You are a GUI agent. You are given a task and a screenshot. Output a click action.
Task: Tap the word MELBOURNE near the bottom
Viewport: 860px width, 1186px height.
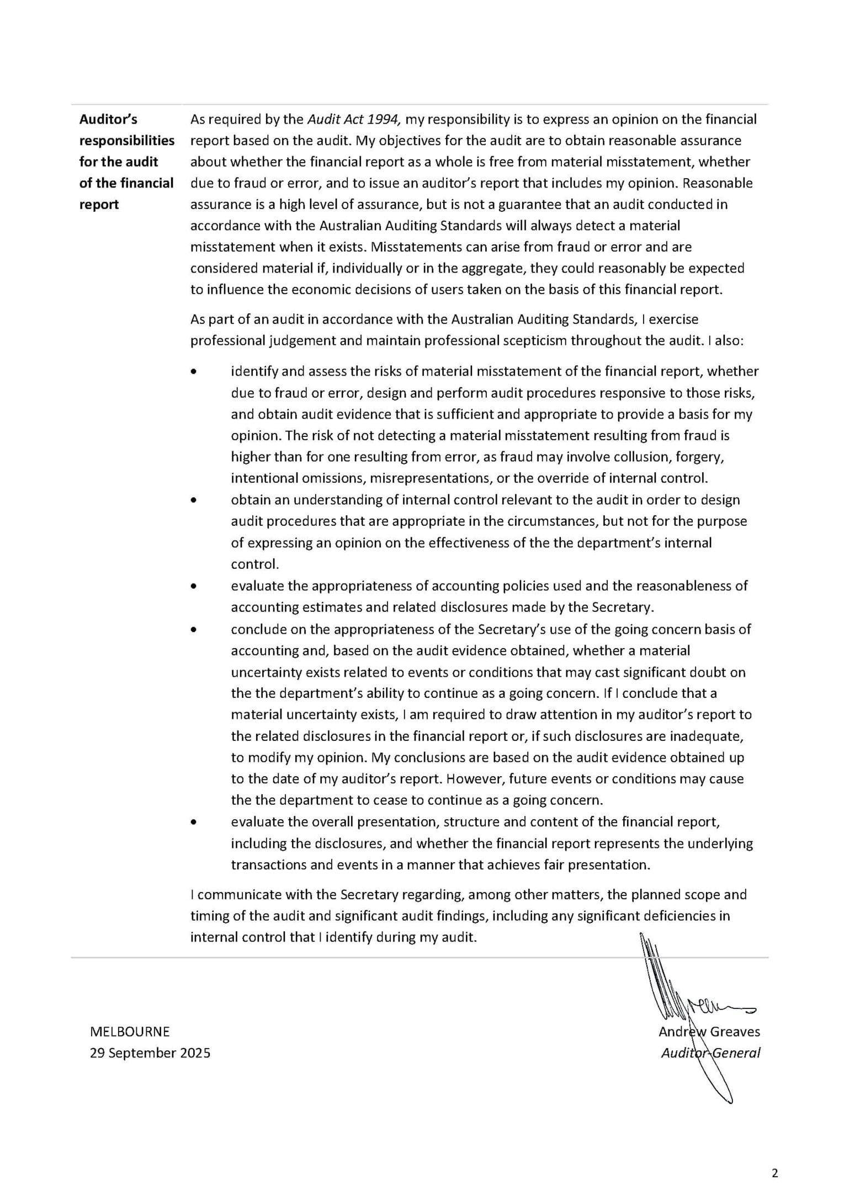click(130, 1032)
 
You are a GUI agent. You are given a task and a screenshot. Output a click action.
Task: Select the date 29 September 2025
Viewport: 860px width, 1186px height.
click(150, 1053)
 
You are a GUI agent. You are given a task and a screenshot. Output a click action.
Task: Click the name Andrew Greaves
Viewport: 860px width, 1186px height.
click(709, 1032)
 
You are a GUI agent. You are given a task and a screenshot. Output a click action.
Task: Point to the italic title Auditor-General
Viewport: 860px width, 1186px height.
click(710, 1053)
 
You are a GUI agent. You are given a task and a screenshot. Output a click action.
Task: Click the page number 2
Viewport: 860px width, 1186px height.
click(774, 1173)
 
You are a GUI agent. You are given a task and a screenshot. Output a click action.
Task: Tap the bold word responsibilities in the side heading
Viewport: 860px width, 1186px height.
click(127, 141)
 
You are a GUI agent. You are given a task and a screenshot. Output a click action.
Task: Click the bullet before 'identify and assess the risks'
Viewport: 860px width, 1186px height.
click(193, 372)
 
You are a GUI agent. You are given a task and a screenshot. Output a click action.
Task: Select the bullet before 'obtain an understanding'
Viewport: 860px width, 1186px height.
click(193, 500)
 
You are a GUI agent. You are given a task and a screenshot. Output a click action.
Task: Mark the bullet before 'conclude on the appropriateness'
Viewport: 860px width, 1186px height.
click(193, 629)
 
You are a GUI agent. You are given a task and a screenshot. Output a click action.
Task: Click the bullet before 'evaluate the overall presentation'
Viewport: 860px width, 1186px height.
click(193, 822)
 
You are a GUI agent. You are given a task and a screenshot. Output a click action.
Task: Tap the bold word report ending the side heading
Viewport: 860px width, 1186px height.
click(99, 205)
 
